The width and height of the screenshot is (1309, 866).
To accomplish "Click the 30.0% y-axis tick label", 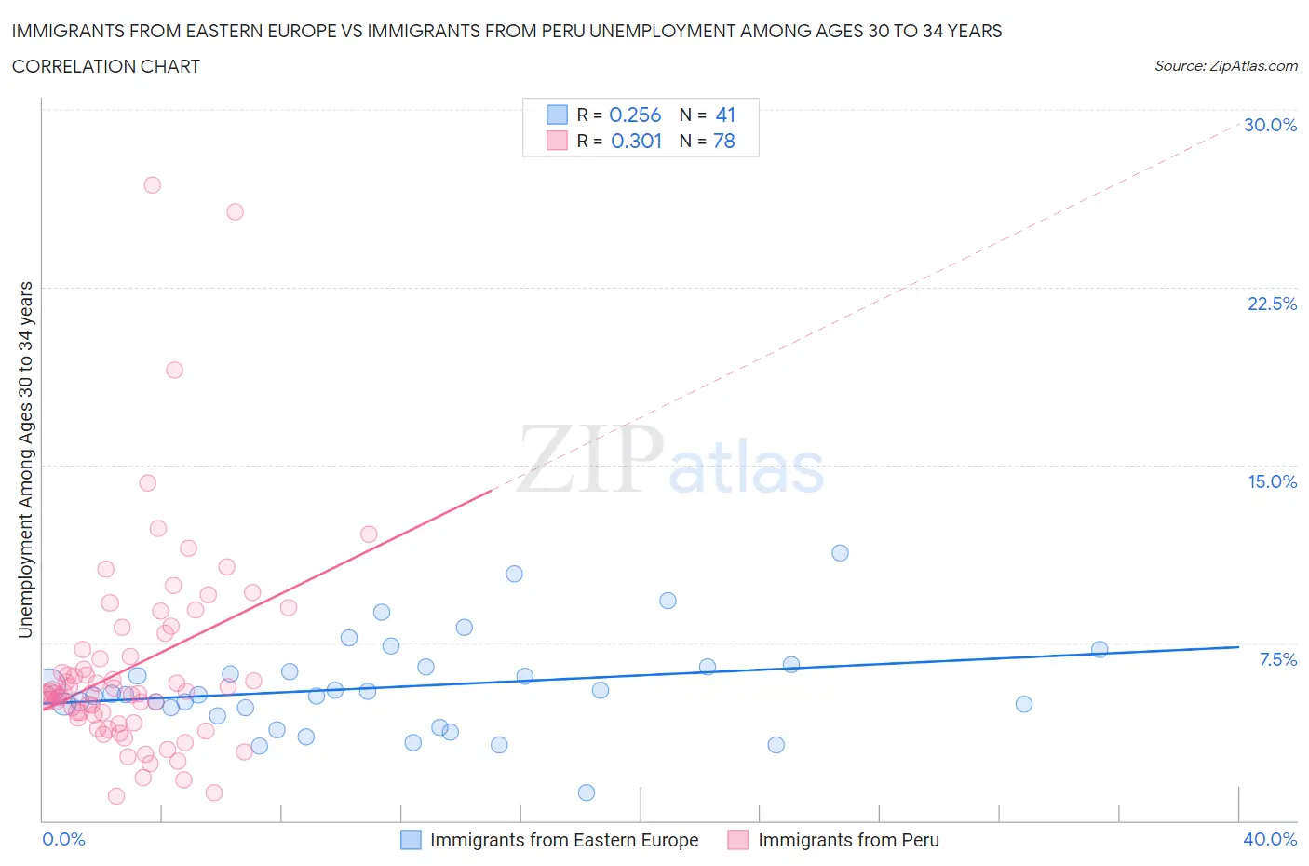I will pos(1270,125).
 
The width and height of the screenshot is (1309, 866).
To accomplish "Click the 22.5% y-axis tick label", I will pos(1272,304).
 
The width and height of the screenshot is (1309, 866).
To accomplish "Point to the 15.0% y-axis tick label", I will pos(1272,481).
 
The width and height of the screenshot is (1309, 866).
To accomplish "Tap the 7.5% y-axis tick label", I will pos(1277,659).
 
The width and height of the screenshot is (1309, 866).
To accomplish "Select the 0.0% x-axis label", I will pos(63,839).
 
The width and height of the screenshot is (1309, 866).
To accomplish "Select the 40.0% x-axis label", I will pos(1270,839).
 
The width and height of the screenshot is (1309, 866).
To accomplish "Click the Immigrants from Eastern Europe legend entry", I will pos(563,840).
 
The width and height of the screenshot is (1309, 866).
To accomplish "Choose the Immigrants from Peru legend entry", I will pos(848,840).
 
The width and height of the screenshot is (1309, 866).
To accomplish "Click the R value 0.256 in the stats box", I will pos(635,115).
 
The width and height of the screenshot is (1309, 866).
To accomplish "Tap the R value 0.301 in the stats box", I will pos(636,141).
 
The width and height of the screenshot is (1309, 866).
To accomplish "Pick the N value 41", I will pos(725,115).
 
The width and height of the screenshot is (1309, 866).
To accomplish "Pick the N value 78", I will pos(724,141).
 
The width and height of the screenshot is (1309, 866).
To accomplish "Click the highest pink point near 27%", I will pos(152,184).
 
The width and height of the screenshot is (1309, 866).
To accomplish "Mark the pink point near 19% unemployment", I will pos(174,370).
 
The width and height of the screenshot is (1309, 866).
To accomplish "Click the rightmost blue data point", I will pos(1100,649).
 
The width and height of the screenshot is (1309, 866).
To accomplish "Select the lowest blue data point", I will pos(587,792).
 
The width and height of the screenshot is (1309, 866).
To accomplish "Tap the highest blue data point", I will pos(840,552).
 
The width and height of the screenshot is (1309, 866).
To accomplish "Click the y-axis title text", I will pos(25,459).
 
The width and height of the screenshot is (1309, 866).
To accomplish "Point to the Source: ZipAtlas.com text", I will pos(1225,65).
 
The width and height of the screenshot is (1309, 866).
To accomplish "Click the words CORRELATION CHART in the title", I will pos(106,66).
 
